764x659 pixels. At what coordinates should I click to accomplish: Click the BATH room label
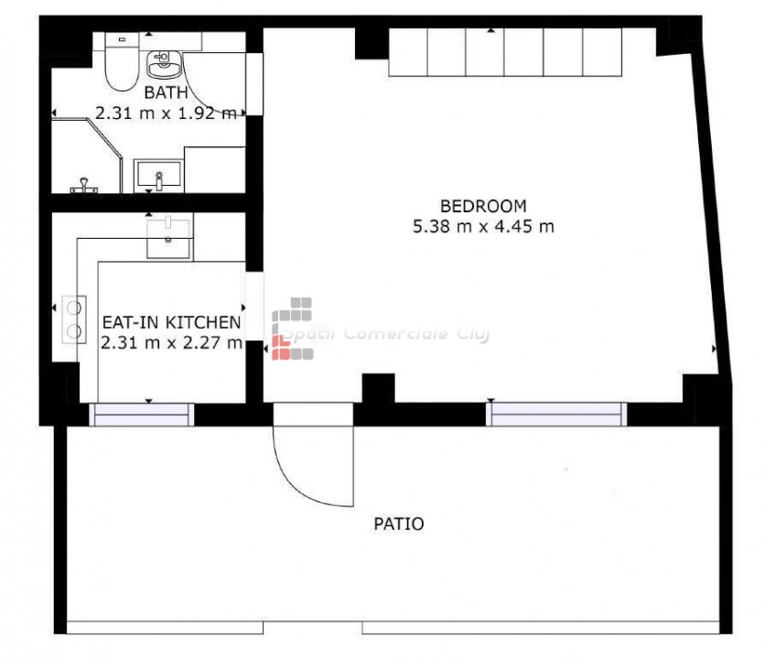pos(166,92)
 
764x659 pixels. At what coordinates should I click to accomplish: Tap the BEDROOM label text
pos(483,206)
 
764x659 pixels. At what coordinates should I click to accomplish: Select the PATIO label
pos(399,524)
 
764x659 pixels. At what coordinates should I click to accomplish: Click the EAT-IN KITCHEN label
pos(171,322)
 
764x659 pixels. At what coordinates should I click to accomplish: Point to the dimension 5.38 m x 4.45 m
pos(483,227)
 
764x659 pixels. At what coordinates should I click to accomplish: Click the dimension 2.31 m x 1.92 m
pos(166,113)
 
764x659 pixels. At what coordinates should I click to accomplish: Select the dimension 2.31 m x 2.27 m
pos(171,342)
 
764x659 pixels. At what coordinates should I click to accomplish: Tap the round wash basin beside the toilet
pos(164,64)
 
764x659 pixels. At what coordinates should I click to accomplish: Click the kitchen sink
pos(168,237)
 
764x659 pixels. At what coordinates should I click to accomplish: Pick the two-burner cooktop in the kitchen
pos(74,319)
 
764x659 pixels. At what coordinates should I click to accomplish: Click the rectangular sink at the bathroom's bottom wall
pos(159,176)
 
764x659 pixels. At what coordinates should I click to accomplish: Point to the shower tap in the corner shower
pos(84,186)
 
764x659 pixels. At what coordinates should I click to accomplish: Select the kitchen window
pos(141,415)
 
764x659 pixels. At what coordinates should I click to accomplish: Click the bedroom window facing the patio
pos(556,415)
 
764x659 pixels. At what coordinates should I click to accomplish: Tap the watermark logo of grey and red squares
pos(293,329)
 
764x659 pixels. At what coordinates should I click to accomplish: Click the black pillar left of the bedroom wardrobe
pos(371,44)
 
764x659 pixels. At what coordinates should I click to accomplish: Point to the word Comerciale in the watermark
pos(395,334)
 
